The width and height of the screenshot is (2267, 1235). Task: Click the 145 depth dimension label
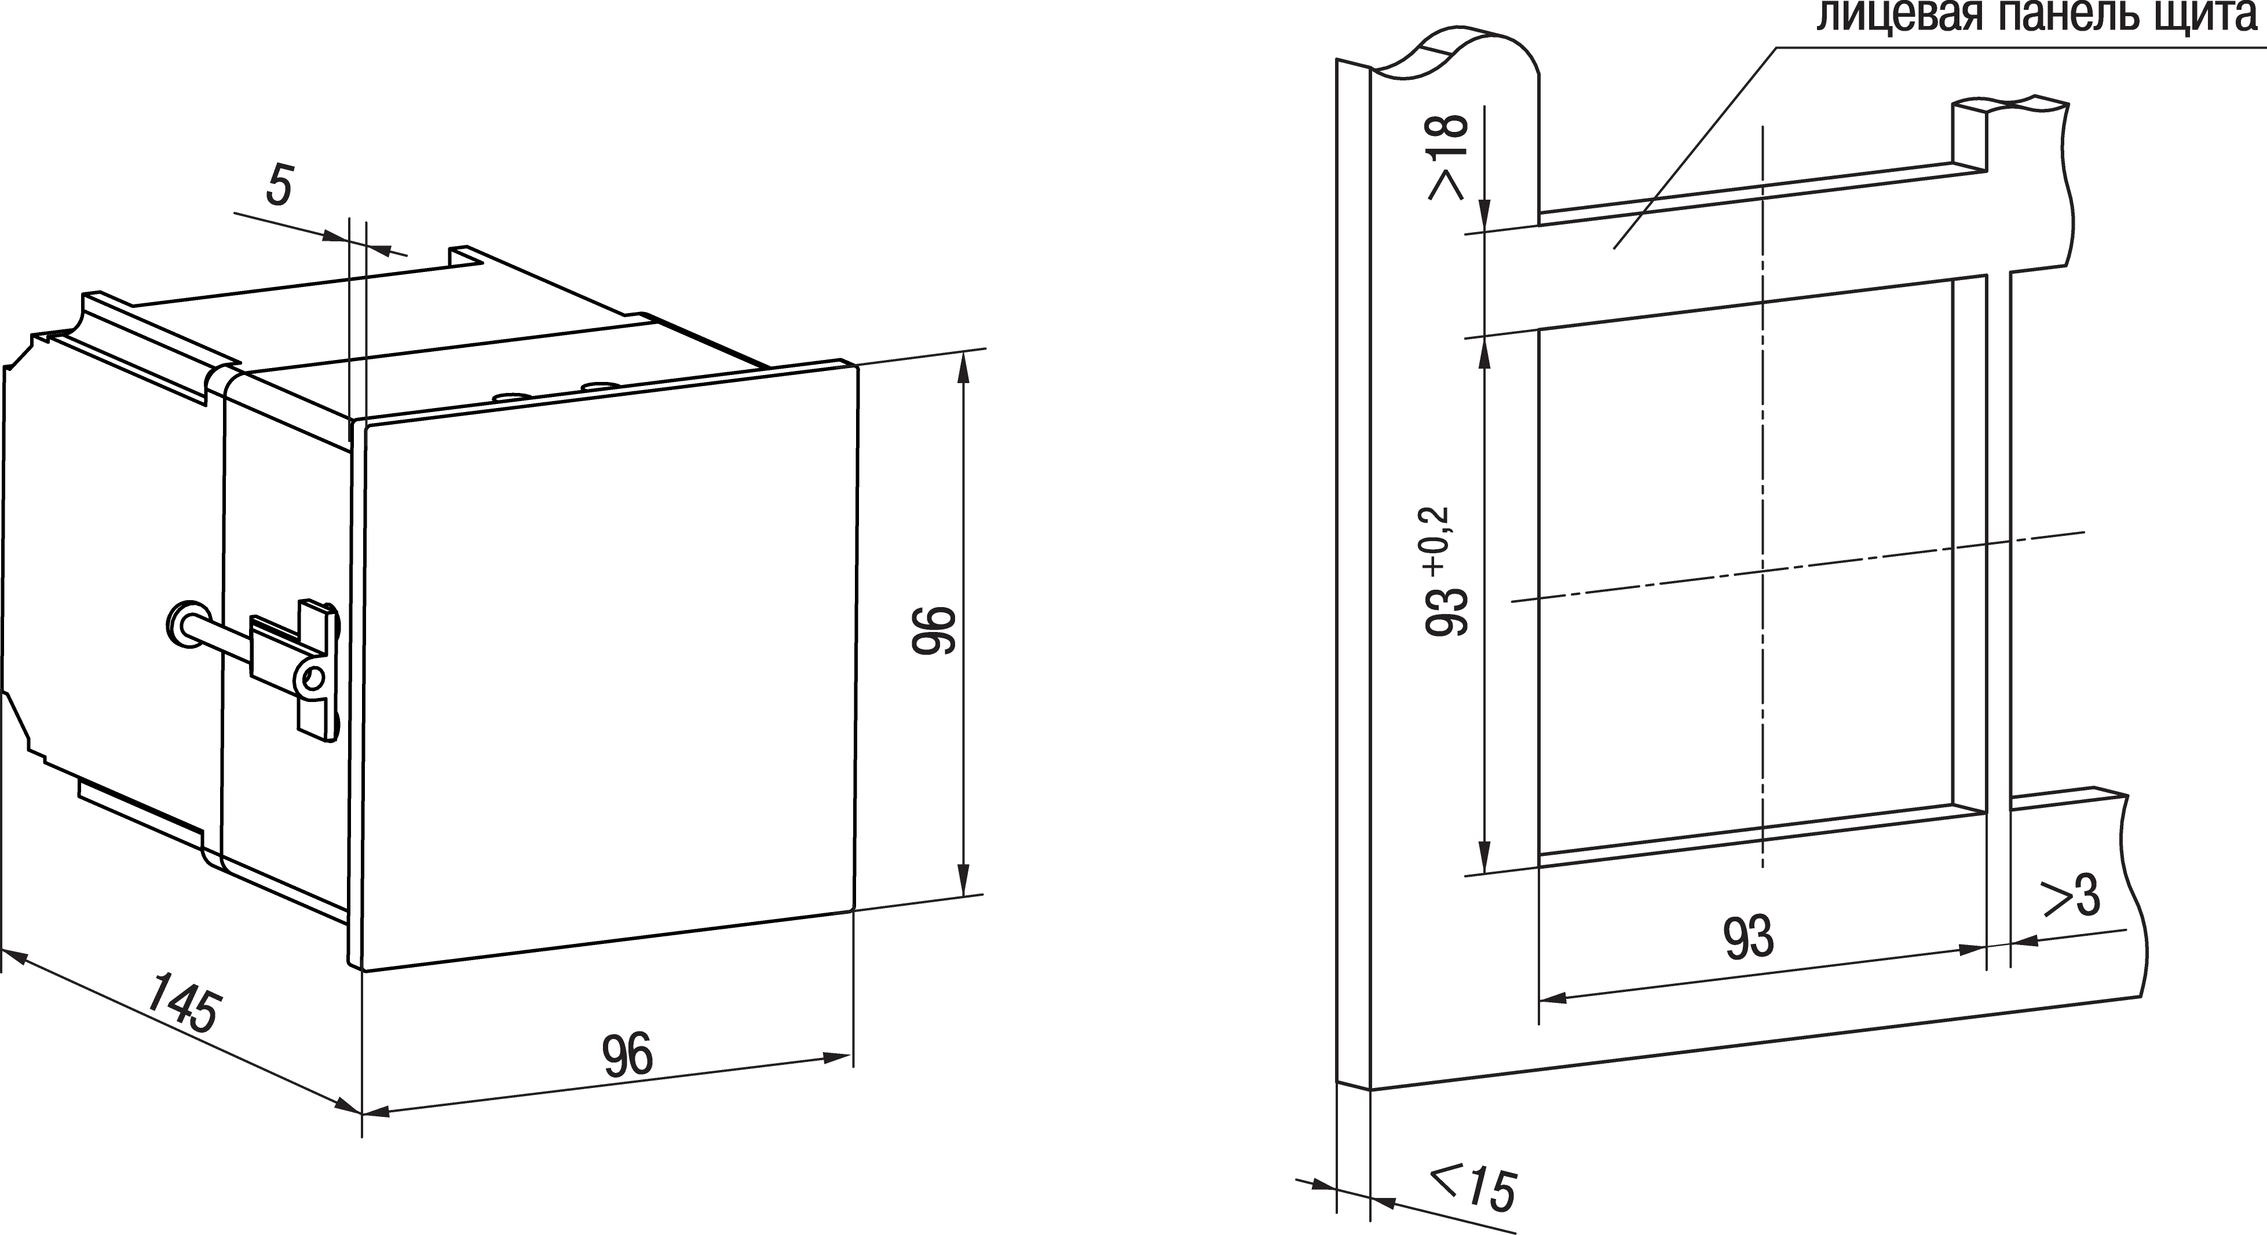[x=182, y=1002]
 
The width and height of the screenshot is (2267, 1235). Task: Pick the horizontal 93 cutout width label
[x=1748, y=937]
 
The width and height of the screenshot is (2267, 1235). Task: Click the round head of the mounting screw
[x=186, y=624]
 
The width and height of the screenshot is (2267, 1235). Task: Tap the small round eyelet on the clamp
[x=313, y=677]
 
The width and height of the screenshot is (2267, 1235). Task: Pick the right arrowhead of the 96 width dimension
[x=835, y=1057]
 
